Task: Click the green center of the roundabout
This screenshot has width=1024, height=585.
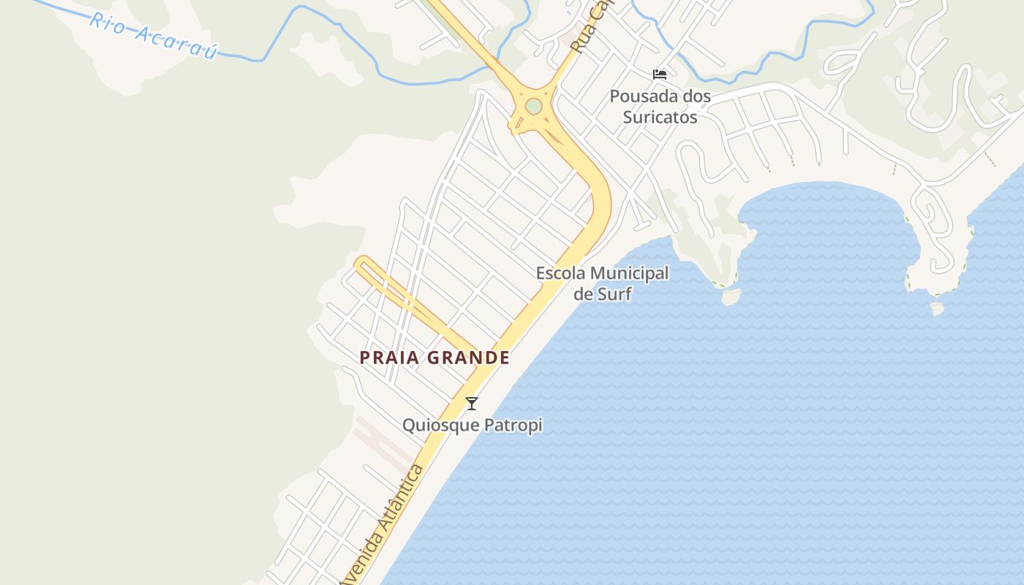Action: point(533,106)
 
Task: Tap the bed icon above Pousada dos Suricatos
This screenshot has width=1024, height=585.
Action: point(659,74)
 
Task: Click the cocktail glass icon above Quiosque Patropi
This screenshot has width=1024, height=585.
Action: point(472,403)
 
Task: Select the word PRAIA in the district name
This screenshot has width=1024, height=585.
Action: point(389,358)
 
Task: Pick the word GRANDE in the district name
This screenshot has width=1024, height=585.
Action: point(468,358)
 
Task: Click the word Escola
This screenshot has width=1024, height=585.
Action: point(560,273)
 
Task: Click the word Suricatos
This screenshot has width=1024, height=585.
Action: point(660,116)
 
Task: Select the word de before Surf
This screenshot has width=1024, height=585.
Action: point(582,294)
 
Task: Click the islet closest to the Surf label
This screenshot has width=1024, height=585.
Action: point(731,296)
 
